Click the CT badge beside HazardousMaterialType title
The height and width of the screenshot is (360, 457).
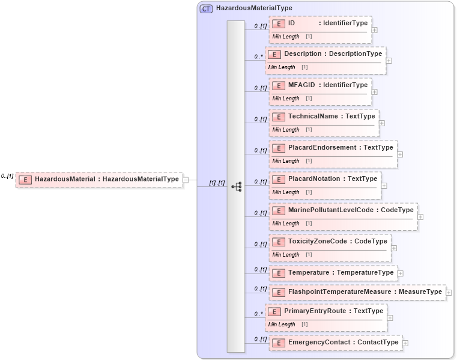point(206,9)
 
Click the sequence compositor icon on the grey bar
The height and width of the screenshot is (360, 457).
point(236,186)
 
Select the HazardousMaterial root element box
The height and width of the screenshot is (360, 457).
point(99,179)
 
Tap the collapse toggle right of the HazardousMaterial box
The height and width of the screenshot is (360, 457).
point(186,179)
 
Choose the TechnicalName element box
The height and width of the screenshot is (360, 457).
point(324,117)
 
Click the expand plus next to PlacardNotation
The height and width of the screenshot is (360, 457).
point(384,186)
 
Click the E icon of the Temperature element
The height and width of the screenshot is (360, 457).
point(278,273)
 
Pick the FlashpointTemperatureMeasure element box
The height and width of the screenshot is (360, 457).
point(357,292)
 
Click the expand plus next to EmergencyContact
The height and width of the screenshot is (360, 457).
point(405,343)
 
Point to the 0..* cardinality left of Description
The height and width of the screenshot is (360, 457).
point(259,57)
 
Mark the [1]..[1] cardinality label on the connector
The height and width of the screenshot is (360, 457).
point(216,183)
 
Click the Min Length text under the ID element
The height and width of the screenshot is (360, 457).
point(286,37)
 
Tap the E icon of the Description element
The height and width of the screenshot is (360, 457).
point(274,54)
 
